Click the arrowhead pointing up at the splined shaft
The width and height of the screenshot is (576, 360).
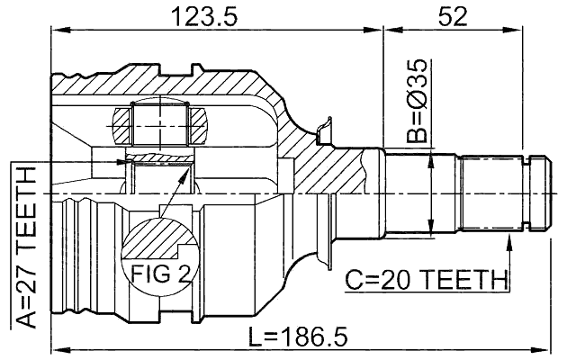point(511,238)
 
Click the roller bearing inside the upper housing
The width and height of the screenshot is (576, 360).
point(158,124)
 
